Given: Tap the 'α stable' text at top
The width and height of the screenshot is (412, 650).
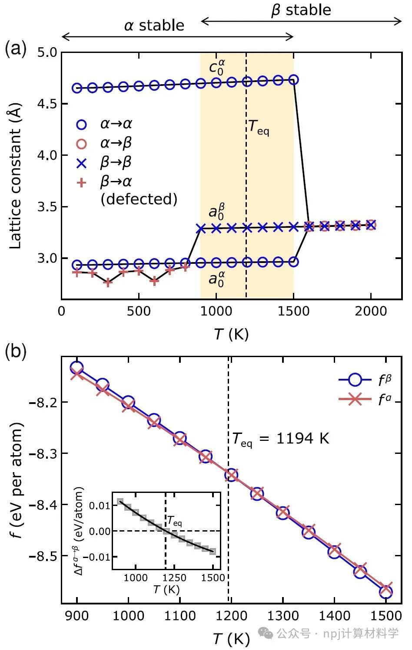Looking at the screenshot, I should click(x=154, y=26).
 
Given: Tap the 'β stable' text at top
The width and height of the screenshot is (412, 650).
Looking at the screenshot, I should click(x=301, y=10).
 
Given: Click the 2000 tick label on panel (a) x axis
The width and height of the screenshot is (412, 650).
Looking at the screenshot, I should click(x=371, y=311).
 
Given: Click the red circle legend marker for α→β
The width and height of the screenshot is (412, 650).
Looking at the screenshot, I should click(x=81, y=144).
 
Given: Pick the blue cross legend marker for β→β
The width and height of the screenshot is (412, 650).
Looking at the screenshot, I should click(x=81, y=163).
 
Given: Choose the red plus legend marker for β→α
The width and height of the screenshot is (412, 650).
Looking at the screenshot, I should click(x=81, y=183).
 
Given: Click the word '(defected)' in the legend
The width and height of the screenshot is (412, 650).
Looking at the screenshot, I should click(x=139, y=199).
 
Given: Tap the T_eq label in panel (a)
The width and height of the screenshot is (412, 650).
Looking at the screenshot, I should click(x=259, y=127).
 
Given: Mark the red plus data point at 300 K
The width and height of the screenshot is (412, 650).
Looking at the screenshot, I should click(x=108, y=282).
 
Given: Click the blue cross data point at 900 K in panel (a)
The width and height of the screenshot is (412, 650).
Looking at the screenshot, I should click(x=200, y=228).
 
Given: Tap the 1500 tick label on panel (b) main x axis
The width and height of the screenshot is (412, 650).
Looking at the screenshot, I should click(x=385, y=616).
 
